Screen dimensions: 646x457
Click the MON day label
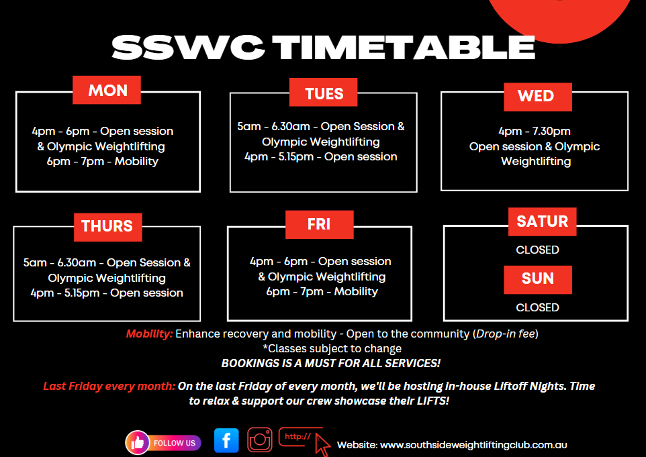[x=107, y=90]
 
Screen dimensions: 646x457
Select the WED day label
[x=538, y=97]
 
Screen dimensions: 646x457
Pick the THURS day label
[x=108, y=227]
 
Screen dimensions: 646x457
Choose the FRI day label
[x=319, y=224]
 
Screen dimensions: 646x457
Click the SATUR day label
[x=542, y=221]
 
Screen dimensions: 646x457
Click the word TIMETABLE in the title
[x=404, y=47]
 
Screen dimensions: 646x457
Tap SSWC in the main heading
[x=188, y=47]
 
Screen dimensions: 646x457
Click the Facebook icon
[x=226, y=440]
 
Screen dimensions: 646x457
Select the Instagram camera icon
[x=260, y=440]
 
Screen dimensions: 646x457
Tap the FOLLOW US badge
[x=163, y=443]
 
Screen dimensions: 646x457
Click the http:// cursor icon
[x=305, y=441]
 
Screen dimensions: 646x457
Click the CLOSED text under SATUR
[x=537, y=250]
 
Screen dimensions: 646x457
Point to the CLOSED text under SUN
[x=537, y=307]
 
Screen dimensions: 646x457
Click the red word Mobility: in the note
[x=150, y=334]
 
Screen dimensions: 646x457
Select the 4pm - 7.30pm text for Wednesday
[x=535, y=131]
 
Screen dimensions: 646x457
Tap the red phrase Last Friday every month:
[x=109, y=386]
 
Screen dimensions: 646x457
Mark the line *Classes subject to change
[x=332, y=348]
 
